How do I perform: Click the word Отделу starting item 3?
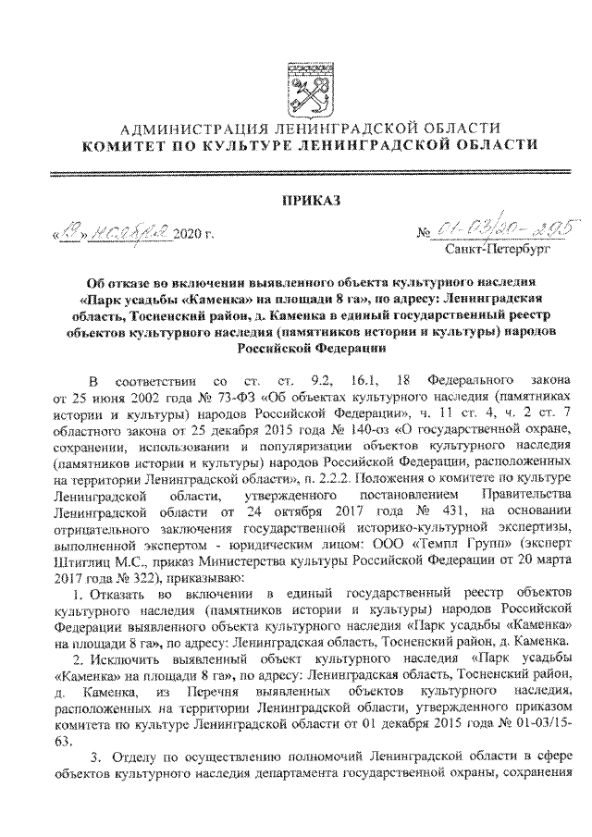pos(141,757)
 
